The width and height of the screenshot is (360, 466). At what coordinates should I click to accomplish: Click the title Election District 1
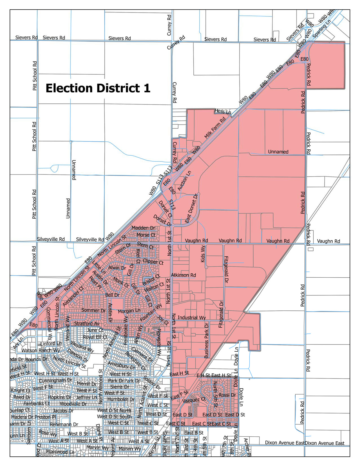click(98, 88)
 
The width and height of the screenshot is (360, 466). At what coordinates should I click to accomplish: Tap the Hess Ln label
click(223, 112)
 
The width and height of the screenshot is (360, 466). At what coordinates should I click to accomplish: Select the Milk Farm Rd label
click(215, 128)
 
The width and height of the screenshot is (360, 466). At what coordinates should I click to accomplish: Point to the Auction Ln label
click(184, 180)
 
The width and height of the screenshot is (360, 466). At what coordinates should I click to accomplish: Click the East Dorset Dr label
click(191, 208)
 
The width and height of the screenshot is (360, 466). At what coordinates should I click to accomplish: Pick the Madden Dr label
click(143, 228)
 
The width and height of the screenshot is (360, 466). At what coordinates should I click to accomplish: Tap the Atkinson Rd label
click(184, 275)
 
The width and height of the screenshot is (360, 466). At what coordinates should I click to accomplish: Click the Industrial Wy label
click(192, 317)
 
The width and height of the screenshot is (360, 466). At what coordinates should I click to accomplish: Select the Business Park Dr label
click(206, 340)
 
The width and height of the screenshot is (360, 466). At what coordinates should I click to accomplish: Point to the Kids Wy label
click(203, 254)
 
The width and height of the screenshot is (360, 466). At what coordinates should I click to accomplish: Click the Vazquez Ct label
click(194, 400)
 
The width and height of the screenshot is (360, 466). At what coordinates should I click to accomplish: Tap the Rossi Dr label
click(227, 395)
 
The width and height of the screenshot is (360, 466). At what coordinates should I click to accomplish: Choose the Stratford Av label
click(87, 323)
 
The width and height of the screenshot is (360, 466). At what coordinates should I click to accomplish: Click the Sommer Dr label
click(93, 310)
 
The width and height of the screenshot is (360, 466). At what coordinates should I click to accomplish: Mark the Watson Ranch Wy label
click(41, 350)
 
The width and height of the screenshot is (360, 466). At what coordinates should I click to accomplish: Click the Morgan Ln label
click(129, 311)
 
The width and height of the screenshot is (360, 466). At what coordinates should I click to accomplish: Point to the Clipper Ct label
click(153, 262)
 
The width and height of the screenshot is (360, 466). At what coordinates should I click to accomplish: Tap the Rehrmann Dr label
click(64, 424)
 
